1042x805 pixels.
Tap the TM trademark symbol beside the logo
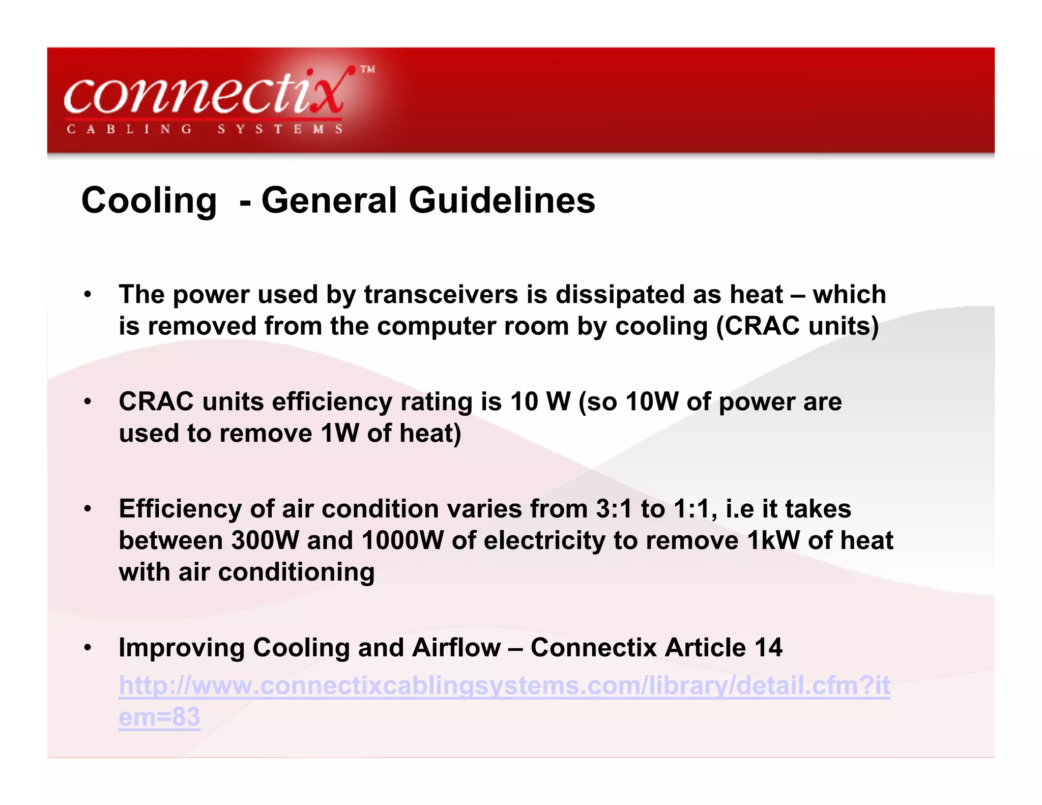point(367,69)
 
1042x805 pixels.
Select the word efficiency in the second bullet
point(332,401)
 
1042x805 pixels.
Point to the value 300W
point(265,540)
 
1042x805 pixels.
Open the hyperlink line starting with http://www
point(504,685)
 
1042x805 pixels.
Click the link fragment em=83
point(159,717)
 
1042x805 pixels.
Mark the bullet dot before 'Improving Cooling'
point(88,648)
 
